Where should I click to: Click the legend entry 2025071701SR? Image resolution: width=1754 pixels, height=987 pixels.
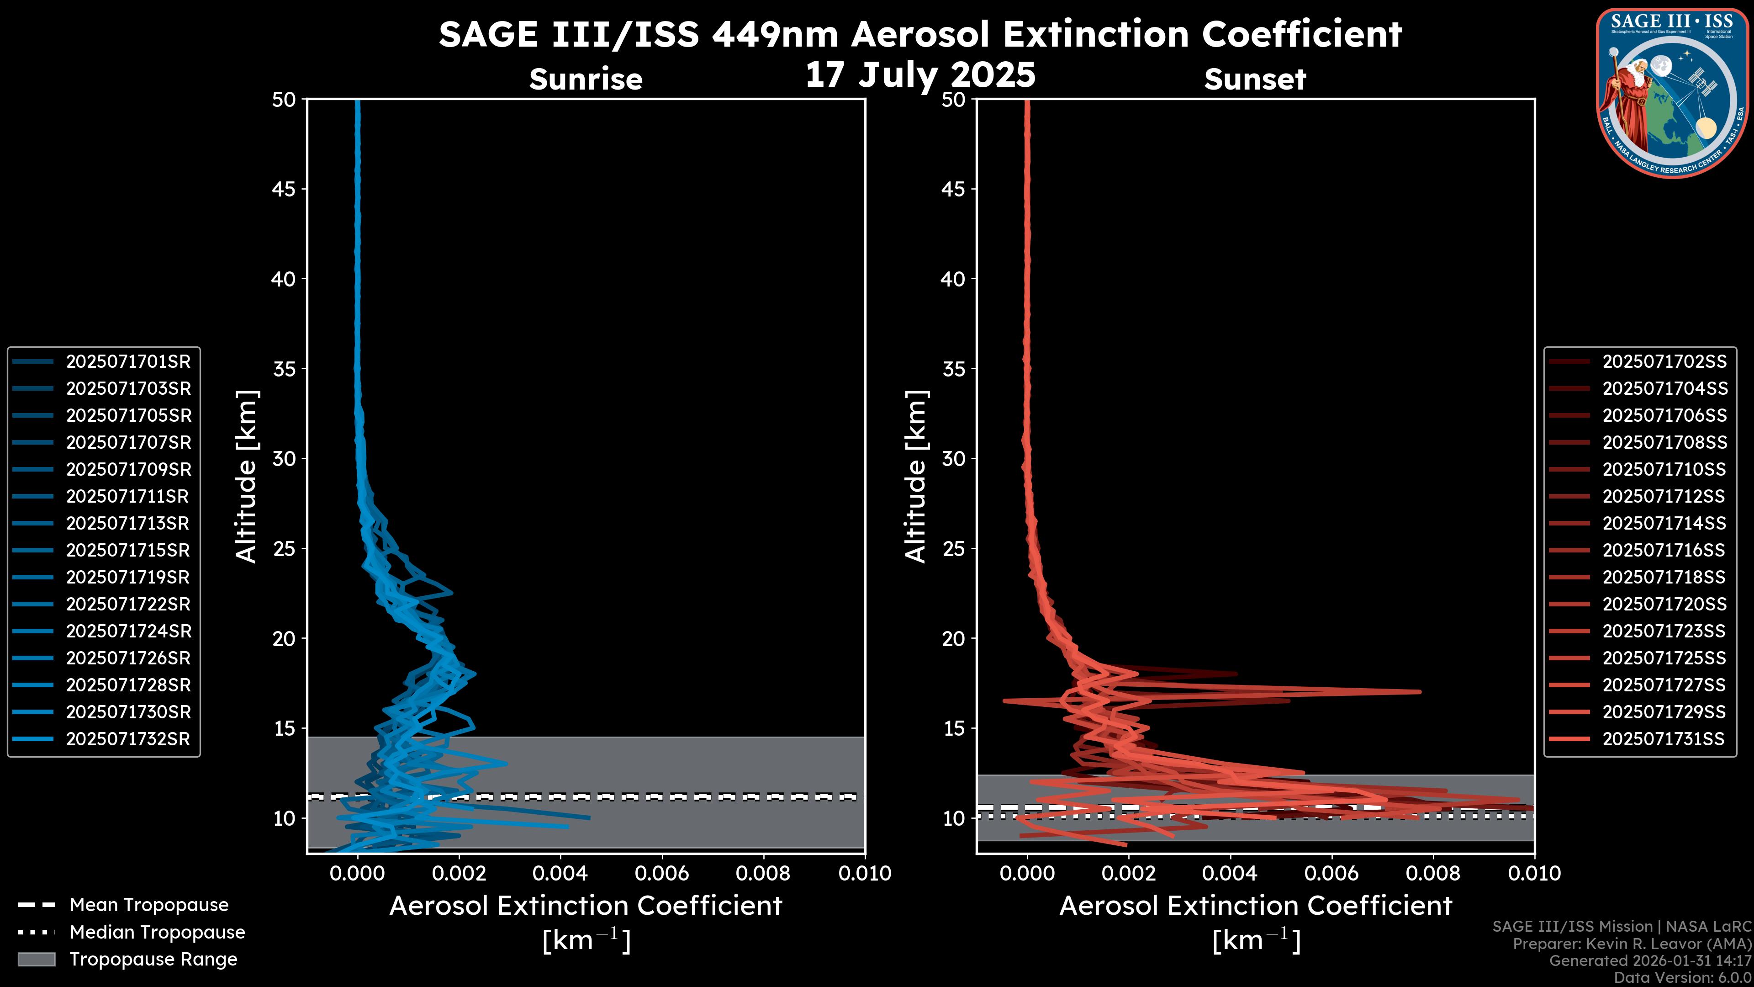(128, 362)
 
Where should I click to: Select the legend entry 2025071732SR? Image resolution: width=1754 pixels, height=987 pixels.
(128, 739)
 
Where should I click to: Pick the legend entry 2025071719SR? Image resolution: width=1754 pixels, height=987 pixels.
(128, 578)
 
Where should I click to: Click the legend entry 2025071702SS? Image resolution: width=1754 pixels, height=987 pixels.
(1664, 362)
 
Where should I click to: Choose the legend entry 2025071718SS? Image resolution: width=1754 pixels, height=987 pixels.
(1664, 578)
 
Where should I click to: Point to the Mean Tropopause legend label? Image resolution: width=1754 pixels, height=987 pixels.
(149, 905)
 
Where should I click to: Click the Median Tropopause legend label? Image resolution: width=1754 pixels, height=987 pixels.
(157, 933)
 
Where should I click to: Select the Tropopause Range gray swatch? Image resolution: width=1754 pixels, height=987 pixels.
(36, 960)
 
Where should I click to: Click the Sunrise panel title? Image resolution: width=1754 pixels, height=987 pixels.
(586, 80)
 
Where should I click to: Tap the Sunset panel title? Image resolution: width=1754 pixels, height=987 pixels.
(1255, 80)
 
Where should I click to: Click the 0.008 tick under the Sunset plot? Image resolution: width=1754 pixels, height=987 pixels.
(1433, 873)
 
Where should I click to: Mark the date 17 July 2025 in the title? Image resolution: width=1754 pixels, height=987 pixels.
(920, 75)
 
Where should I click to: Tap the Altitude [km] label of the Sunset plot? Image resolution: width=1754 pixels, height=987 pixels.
(916, 477)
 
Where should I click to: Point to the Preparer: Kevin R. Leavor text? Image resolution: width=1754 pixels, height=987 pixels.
(1632, 944)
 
